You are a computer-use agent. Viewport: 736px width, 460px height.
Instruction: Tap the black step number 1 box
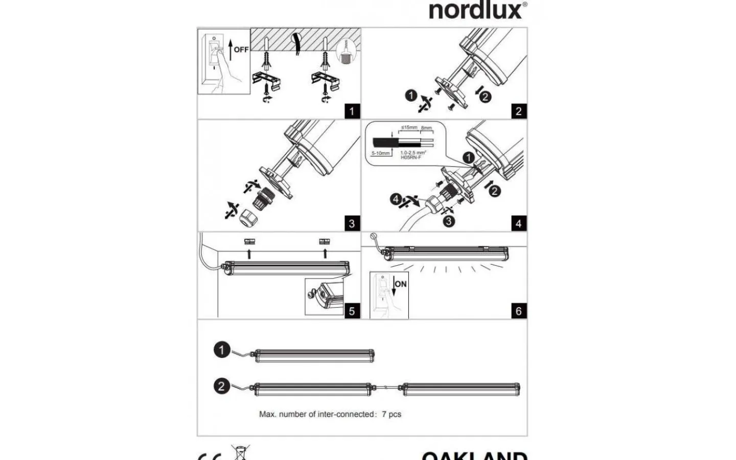tap(352, 111)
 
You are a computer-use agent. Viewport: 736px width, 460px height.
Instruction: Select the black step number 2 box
tap(519, 111)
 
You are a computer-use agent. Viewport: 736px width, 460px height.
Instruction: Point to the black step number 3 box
tap(352, 223)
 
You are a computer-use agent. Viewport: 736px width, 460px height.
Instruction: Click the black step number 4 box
tap(519, 223)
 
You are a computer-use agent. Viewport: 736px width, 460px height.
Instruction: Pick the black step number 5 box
tap(352, 311)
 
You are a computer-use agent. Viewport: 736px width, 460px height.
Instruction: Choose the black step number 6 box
tap(519, 311)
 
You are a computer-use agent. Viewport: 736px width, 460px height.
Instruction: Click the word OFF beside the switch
tap(241, 50)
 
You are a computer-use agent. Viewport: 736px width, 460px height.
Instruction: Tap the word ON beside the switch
tap(401, 284)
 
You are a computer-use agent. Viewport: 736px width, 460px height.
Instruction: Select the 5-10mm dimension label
tap(380, 153)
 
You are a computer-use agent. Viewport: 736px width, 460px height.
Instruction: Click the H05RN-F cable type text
tap(411, 157)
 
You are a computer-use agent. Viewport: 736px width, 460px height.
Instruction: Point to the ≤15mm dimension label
tap(409, 127)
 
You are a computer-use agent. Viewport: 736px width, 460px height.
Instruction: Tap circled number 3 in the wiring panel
tap(448, 221)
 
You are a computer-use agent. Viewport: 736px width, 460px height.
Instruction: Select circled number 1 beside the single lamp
tap(222, 350)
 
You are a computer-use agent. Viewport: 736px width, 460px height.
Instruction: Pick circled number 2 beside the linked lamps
tap(222, 385)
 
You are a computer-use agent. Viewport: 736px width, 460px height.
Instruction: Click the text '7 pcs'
tap(392, 414)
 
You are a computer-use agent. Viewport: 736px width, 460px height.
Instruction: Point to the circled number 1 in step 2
tap(411, 95)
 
